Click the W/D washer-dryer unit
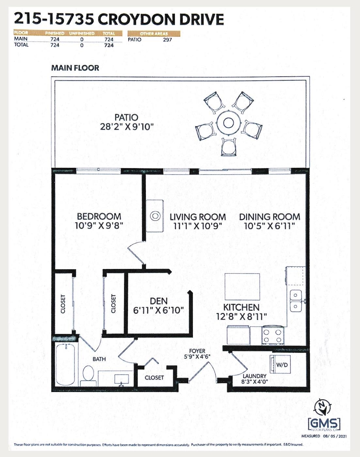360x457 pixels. [281, 364]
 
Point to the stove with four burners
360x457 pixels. [273, 336]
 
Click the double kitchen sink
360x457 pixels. [296, 301]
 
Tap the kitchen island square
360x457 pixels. [242, 287]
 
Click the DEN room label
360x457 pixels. [159, 301]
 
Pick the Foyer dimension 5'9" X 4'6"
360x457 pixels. [197, 356]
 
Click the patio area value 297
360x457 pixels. [167, 40]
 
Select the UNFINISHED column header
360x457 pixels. [82, 34]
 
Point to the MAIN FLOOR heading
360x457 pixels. [75, 68]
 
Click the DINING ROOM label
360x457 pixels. [270, 217]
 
